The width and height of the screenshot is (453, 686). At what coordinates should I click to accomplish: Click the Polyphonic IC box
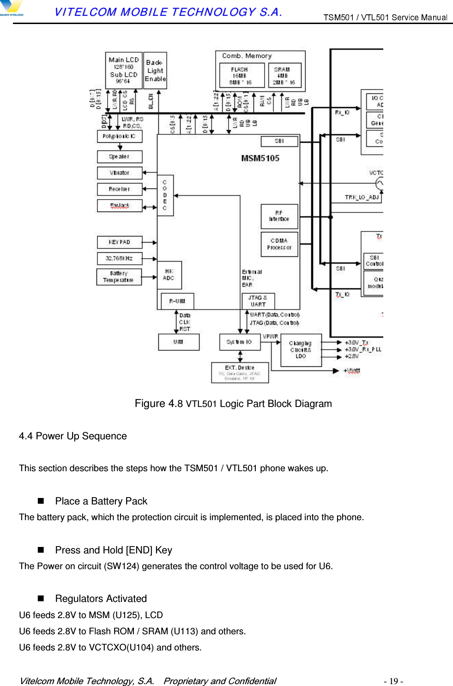click(120, 136)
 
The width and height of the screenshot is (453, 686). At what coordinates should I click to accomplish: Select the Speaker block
click(120, 157)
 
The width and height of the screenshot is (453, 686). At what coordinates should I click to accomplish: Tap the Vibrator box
click(120, 173)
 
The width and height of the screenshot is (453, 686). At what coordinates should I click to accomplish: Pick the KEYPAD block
click(120, 242)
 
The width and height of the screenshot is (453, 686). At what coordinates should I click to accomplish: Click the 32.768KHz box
click(120, 258)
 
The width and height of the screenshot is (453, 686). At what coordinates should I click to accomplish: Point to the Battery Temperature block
click(119, 277)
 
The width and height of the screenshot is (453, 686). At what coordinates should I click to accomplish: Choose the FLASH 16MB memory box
click(242, 75)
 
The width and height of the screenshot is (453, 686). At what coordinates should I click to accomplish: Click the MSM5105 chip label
click(260, 158)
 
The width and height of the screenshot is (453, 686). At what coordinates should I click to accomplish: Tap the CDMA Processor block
click(279, 244)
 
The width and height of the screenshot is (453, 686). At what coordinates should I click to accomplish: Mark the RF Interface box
click(279, 216)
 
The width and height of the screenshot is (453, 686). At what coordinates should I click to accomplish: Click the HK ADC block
click(169, 275)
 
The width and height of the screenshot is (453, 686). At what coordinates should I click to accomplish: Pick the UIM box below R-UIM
click(179, 342)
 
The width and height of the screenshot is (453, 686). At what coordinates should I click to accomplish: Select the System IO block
click(240, 342)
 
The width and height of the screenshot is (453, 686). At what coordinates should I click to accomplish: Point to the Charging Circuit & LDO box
click(301, 350)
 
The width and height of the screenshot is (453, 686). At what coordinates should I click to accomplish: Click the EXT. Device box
click(240, 372)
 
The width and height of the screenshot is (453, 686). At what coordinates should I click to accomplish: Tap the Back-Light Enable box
click(155, 70)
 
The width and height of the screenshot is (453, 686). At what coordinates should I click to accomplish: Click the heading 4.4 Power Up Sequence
click(73, 436)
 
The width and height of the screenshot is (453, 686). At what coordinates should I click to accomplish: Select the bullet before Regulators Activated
click(41, 598)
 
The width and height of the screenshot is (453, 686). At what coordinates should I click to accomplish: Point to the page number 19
click(393, 681)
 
